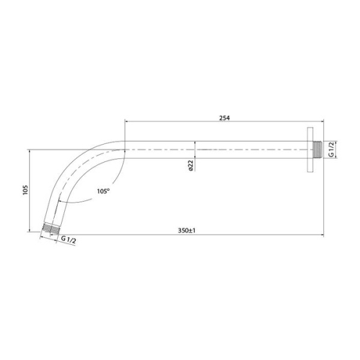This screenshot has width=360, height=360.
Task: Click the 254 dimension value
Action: [x=224, y=118]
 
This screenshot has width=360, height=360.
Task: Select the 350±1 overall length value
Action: [x=187, y=230]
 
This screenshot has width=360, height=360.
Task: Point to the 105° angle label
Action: [x=103, y=191]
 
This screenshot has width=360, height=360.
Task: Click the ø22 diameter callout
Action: [x=190, y=166]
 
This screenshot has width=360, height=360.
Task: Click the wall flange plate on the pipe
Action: [x=310, y=149]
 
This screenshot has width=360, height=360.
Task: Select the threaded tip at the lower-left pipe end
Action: [x=51, y=229]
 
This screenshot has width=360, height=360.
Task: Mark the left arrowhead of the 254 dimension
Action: [x=127, y=122]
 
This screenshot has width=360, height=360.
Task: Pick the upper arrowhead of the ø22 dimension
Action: [x=196, y=143]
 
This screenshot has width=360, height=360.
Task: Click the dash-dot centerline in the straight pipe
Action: [x=240, y=149]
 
